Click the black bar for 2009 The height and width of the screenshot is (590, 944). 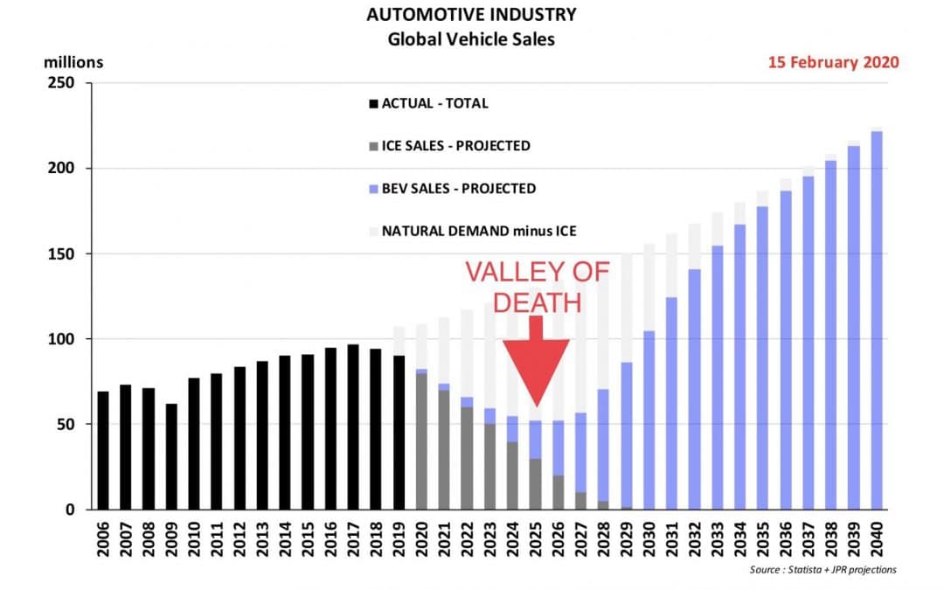171,456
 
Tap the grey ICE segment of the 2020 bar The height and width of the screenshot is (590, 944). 421,441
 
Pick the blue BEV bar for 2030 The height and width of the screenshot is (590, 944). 649,420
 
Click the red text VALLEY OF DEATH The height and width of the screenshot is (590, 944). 536,287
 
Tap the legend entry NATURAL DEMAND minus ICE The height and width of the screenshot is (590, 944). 472,232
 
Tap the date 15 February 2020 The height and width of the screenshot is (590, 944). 833,62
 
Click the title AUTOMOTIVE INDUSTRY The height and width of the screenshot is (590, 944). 471,16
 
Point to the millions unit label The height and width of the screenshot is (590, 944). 73,62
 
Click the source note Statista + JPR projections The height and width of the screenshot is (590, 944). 823,570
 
